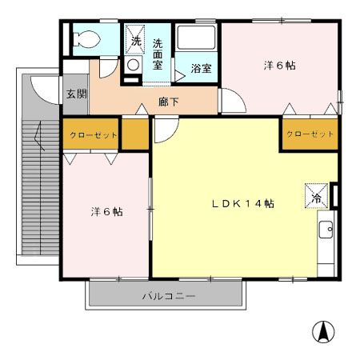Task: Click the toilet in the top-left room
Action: point(86,38)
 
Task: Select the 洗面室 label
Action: point(158,53)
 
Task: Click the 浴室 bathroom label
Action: point(201,68)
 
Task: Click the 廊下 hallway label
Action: point(168,102)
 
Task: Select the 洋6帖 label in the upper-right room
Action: point(279,66)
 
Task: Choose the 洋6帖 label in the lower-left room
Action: point(106,211)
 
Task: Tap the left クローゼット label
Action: point(93,135)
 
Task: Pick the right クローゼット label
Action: point(309,134)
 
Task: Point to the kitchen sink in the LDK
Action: point(326,231)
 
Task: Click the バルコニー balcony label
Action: point(168,296)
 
